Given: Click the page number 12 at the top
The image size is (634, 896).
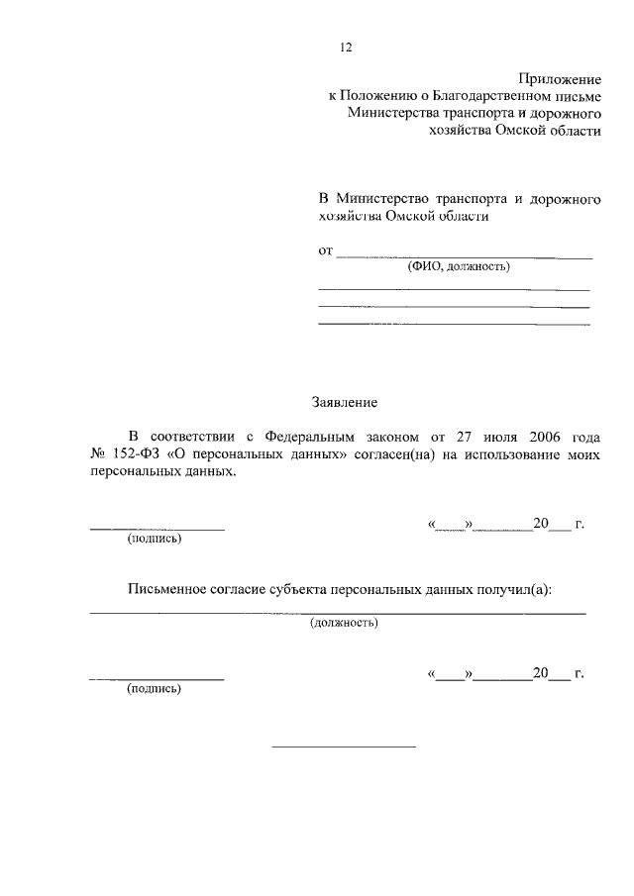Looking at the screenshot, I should [346, 48].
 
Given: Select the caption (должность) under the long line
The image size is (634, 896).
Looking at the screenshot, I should [344, 624].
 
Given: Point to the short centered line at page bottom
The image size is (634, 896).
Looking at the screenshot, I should [344, 747].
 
